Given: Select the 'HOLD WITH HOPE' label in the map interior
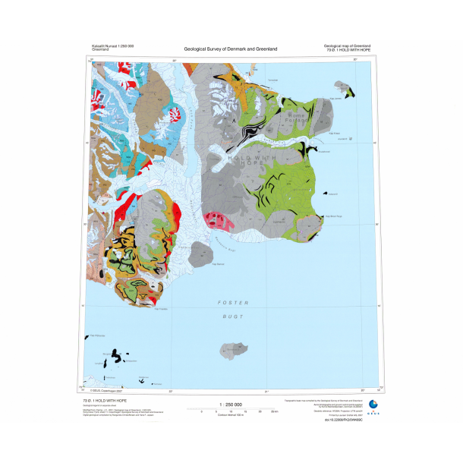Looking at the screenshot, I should pyautogui.click(x=244, y=158).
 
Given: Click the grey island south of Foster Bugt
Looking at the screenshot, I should pyautogui.click(x=231, y=351).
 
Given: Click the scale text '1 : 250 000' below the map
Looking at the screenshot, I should pyautogui.click(x=229, y=405).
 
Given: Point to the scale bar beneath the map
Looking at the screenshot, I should pyautogui.click(x=229, y=411).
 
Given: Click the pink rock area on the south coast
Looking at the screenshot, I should pyautogui.click(x=218, y=221).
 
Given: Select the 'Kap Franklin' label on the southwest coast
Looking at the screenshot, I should pyautogui.click(x=161, y=308).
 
